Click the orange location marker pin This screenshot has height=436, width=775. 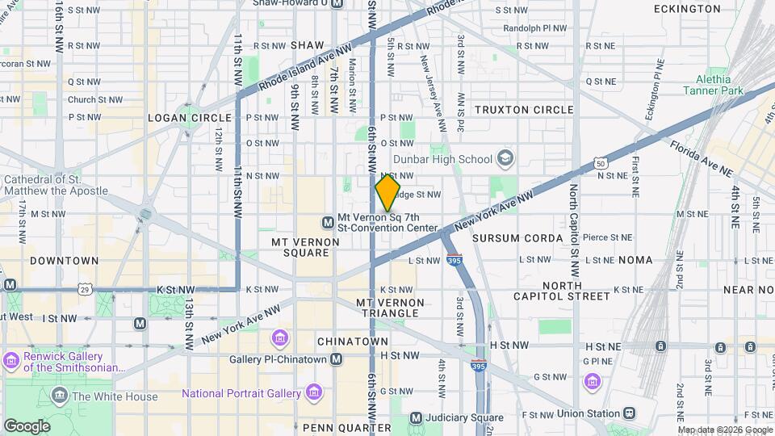[387, 192]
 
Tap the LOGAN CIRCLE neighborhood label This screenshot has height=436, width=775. [178, 118]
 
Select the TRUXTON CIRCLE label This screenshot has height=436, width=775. [524, 110]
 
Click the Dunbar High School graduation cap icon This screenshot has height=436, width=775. [505, 157]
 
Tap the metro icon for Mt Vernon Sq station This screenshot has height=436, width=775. [328, 222]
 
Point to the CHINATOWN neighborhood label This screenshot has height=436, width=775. [352, 342]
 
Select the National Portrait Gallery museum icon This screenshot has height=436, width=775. [314, 393]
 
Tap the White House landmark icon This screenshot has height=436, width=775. [60, 396]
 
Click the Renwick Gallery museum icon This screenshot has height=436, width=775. [11, 359]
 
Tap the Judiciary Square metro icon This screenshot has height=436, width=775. [416, 417]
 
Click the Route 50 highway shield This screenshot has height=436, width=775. [600, 164]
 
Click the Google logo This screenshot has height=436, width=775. [27, 426]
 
